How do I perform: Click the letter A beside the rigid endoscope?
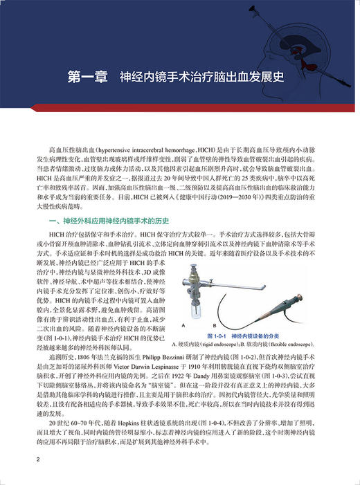pos(183,324)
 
